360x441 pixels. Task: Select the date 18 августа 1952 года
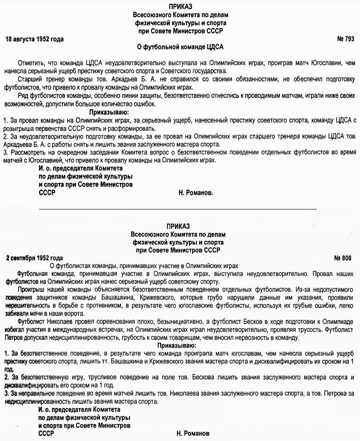pyautogui.click(x=34, y=39)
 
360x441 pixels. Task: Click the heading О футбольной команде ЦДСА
pyautogui.click(x=180, y=47)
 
